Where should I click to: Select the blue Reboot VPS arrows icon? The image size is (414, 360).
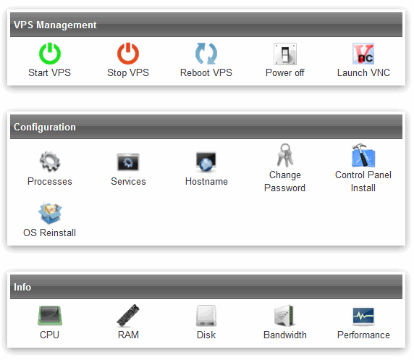pos(206,54)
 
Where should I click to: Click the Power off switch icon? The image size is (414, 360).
pos(285,54)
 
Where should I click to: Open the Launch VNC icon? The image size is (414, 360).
pos(363,54)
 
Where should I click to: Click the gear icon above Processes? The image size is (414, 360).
pos(50,162)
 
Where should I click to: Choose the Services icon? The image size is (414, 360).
pos(128,162)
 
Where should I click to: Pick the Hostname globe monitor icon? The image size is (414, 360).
pos(206,162)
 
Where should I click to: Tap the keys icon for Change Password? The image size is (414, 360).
pos(285,156)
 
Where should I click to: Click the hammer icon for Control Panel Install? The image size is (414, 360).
pos(363,156)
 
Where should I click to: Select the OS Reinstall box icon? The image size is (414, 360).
pos(50,213)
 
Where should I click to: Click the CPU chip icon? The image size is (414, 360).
pos(50,315)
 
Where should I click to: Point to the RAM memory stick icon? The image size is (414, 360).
pos(128,315)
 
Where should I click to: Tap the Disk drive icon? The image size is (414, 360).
pos(206,315)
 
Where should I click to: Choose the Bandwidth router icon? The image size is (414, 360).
pos(284,315)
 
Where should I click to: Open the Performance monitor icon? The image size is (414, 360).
pos(363,316)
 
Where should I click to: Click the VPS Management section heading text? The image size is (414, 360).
pos(55,25)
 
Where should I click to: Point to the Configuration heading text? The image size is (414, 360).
pos(45,127)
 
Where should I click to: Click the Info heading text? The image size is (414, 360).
pos(22,287)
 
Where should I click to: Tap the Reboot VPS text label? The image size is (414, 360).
pos(206,72)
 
